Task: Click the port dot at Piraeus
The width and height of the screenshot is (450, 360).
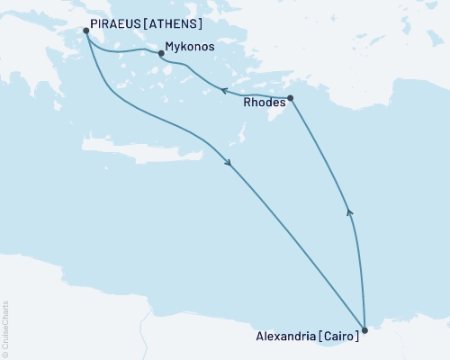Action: click(x=86, y=31)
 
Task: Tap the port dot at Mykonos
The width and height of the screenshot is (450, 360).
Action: click(x=161, y=54)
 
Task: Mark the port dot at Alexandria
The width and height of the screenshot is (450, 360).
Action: click(x=364, y=330)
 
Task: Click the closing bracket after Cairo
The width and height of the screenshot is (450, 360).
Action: click(x=357, y=336)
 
